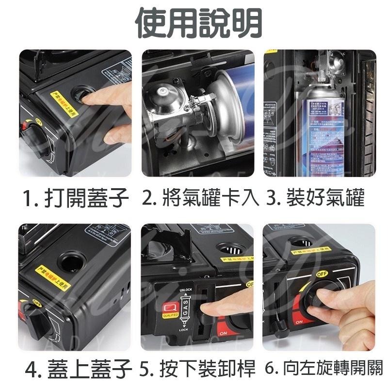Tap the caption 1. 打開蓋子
tap(76, 198)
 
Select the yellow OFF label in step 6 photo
tap(322, 274)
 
